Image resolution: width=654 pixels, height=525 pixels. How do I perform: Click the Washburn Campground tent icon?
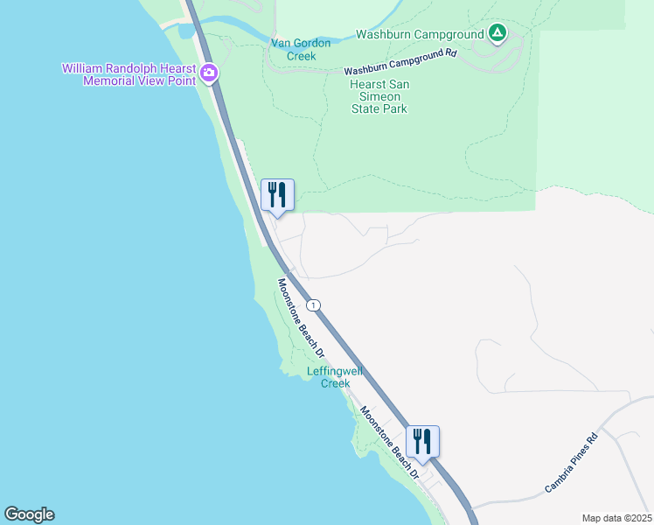tap(497, 34)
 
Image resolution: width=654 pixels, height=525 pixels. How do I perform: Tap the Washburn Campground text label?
tap(421, 35)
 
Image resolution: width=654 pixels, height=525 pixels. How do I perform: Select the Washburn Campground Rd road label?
tap(400, 61)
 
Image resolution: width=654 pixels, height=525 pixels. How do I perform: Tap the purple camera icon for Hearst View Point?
tap(209, 74)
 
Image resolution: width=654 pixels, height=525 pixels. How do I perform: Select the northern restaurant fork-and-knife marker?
tap(278, 194)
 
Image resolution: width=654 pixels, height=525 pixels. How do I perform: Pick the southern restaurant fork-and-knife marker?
tap(422, 441)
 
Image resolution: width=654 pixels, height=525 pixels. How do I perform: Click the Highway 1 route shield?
tap(314, 305)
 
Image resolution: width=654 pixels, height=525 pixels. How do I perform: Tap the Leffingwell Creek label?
tap(329, 377)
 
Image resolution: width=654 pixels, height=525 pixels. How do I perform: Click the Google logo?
tap(29, 514)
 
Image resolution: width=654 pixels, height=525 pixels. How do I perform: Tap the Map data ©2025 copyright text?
tap(616, 518)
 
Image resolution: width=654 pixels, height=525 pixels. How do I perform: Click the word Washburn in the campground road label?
tap(366, 69)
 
